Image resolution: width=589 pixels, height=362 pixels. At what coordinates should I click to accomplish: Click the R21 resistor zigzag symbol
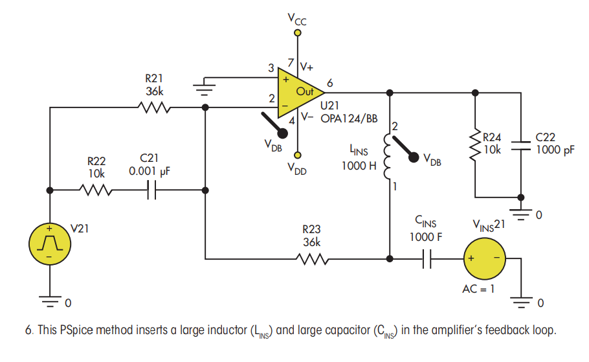(x=154, y=107)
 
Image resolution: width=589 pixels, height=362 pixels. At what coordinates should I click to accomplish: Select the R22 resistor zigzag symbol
(x=95, y=190)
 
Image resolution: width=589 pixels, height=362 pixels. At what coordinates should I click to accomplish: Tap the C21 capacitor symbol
(x=151, y=190)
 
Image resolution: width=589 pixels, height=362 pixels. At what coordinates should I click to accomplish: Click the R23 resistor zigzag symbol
(x=312, y=259)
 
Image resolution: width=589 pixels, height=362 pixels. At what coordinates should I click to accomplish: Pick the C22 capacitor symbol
(x=520, y=146)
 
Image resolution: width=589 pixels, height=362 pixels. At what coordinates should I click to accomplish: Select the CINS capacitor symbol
(x=427, y=259)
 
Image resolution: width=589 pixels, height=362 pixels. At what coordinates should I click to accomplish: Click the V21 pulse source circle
(x=50, y=243)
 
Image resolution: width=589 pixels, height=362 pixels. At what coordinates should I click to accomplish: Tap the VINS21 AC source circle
(x=485, y=258)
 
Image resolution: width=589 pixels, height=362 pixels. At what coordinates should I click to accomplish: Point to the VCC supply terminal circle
(x=298, y=33)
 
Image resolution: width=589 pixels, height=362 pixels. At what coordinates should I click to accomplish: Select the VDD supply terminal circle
(x=298, y=155)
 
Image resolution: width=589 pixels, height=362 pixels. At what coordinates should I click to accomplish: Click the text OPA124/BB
(x=349, y=119)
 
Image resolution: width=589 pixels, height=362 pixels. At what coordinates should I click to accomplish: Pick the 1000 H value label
(x=359, y=165)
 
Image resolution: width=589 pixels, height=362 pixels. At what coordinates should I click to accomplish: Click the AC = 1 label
(x=478, y=289)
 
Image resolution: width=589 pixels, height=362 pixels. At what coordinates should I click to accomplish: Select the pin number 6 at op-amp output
(x=330, y=83)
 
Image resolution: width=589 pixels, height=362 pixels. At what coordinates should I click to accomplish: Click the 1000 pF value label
(x=555, y=150)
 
